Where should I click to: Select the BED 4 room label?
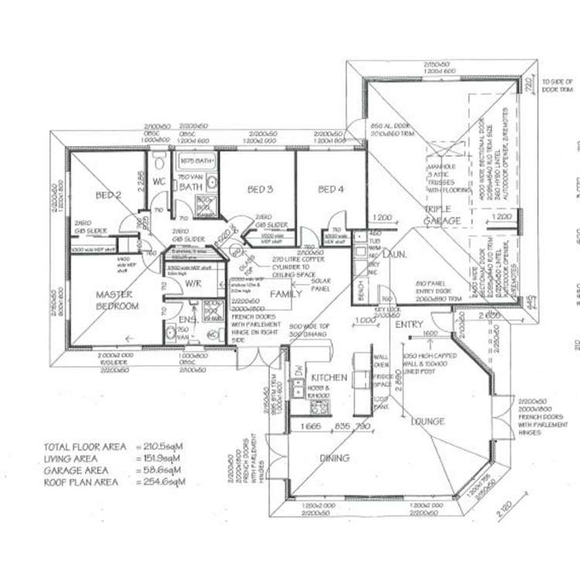click(x=330, y=189)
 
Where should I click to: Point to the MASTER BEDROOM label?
click(x=117, y=300)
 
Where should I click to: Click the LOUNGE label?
click(x=427, y=421)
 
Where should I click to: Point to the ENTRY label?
click(x=409, y=326)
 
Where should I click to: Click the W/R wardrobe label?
click(x=193, y=283)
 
